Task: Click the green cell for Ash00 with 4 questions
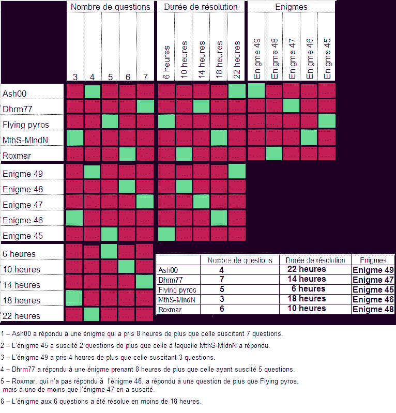click(x=93, y=91)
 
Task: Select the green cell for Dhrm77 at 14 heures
click(x=201, y=107)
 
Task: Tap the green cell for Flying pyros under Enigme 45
click(x=327, y=122)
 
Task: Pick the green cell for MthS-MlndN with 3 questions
click(x=74, y=138)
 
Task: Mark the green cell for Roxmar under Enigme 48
click(x=273, y=154)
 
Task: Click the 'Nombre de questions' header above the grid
click(x=111, y=7)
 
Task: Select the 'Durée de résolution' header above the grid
click(x=201, y=7)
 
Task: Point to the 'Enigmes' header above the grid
click(x=291, y=7)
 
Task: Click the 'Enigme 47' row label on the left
click(x=24, y=205)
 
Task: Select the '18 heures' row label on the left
click(x=21, y=300)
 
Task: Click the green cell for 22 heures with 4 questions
click(x=93, y=314)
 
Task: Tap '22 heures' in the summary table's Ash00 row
click(x=306, y=269)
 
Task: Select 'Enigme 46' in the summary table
click(x=373, y=299)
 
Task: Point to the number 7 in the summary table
click(x=222, y=279)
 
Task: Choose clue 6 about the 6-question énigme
click(x=101, y=402)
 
